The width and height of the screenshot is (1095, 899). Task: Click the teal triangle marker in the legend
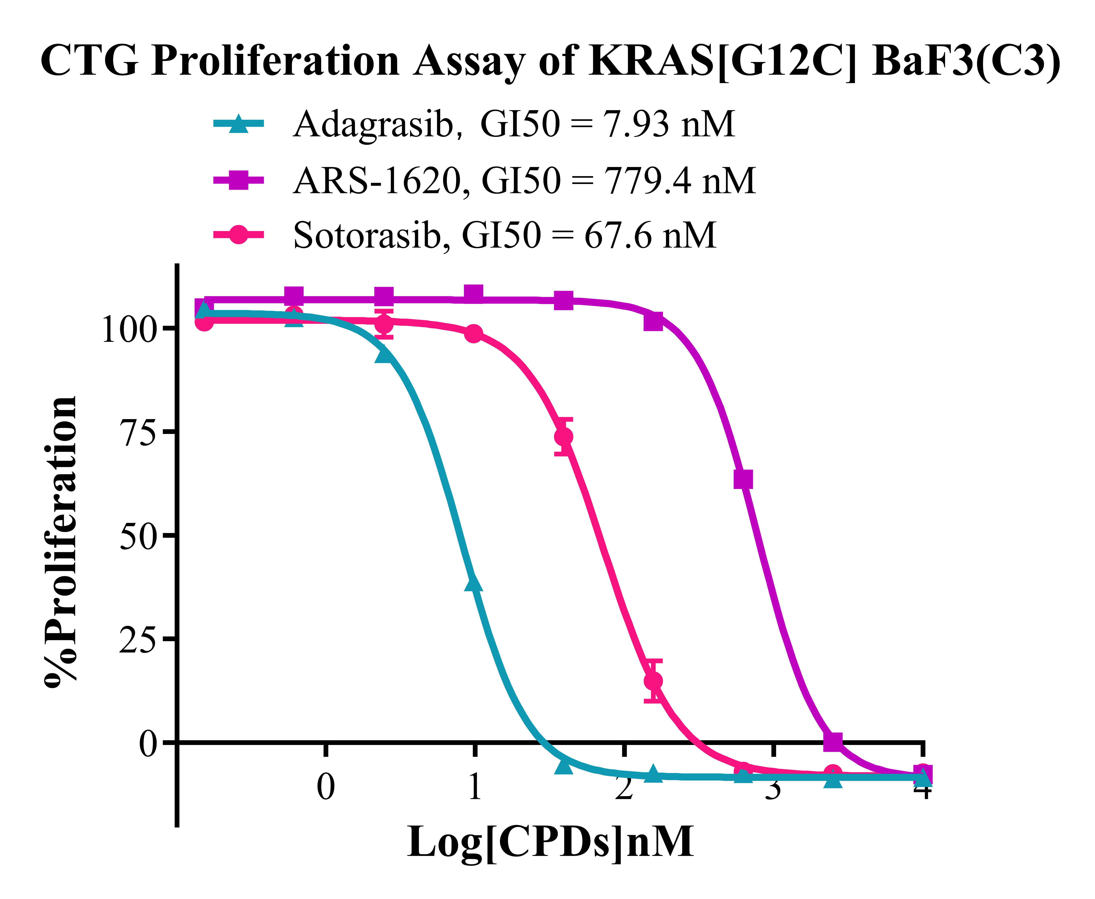pos(238,124)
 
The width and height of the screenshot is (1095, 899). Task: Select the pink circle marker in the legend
pos(238,235)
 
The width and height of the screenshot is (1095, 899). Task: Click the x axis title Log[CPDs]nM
pos(550,843)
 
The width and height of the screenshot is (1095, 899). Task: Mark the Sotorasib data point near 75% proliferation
pos(563,436)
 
